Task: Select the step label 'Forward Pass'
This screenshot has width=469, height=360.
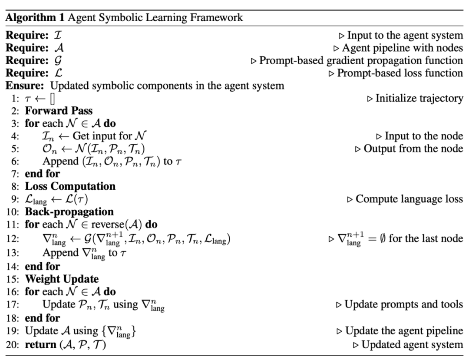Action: (56, 111)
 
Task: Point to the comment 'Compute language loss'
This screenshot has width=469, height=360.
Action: (409, 199)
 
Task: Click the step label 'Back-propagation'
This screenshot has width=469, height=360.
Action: (70, 212)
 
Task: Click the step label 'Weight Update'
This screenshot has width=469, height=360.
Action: (62, 278)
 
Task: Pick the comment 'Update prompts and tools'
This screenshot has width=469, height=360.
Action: (403, 304)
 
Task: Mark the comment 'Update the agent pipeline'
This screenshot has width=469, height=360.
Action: (403, 331)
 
